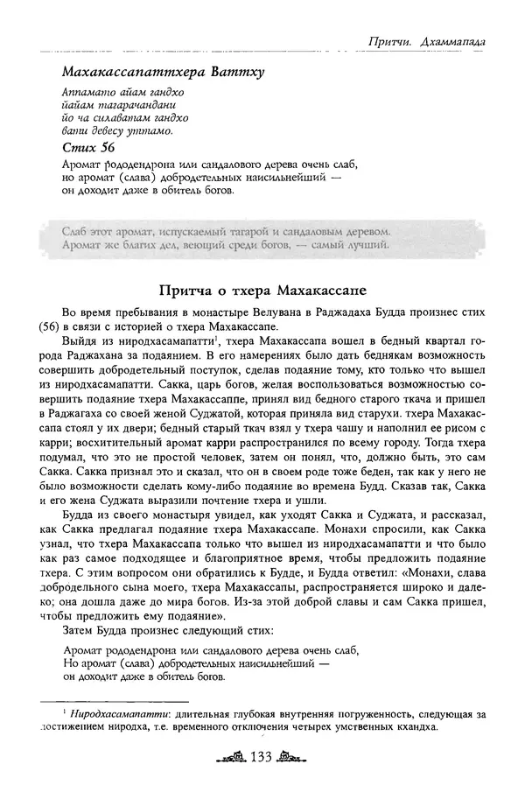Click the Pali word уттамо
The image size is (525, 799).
(150, 131)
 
